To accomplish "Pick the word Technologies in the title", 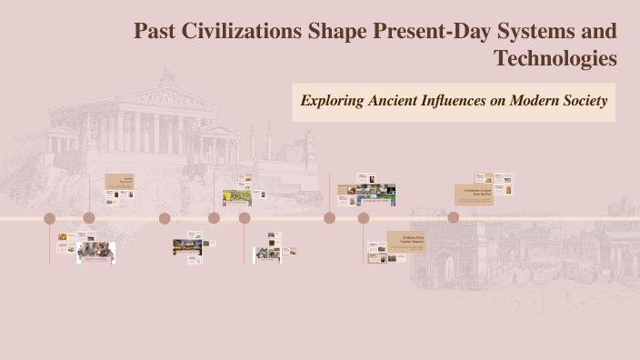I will point(555,59).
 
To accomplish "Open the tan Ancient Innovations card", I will point(119,181).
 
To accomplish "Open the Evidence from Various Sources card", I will point(406,241).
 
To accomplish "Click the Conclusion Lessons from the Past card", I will point(474,194).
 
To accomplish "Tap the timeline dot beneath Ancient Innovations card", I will point(89,218).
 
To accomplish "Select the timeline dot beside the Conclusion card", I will point(454,218).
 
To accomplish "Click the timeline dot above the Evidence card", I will point(364,218).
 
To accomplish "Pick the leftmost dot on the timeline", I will point(50,218).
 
